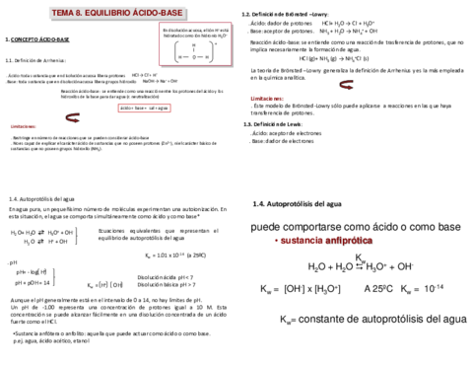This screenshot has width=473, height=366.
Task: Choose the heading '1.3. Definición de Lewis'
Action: tap(278, 125)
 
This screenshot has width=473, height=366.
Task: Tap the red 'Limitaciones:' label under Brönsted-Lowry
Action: tap(266, 100)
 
